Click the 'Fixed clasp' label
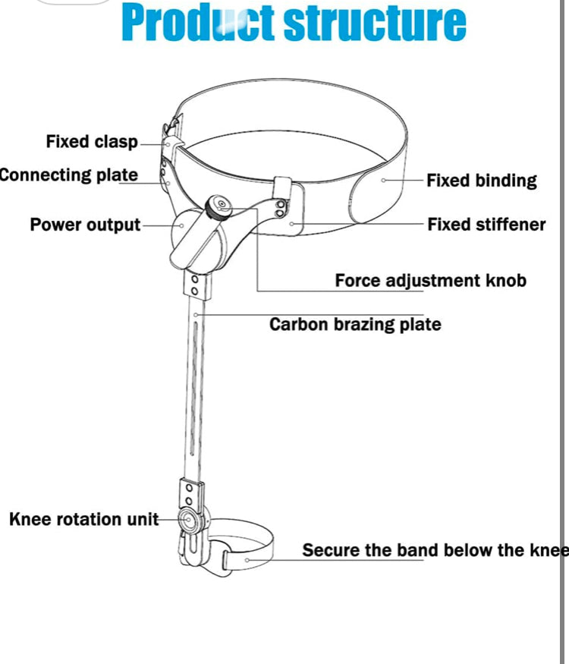pos(92,142)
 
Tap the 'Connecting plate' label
pos(68,175)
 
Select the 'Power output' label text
pos(85,225)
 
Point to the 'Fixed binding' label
pos(481,181)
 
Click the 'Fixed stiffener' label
pos(486,225)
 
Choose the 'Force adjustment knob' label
pos(430,281)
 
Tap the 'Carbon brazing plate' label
pos(355,325)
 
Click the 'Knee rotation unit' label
pos(83,520)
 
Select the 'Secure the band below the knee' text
pos(435,550)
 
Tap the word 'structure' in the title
pos(375,24)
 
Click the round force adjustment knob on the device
pos(220,205)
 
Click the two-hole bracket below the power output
pos(195,284)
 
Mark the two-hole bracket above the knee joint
pos(190,493)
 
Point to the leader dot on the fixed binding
pos(384,181)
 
